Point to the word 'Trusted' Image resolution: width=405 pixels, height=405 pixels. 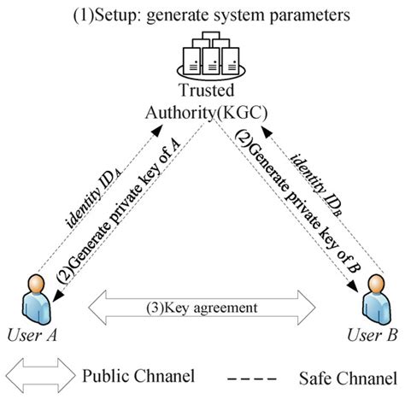[202, 90]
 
